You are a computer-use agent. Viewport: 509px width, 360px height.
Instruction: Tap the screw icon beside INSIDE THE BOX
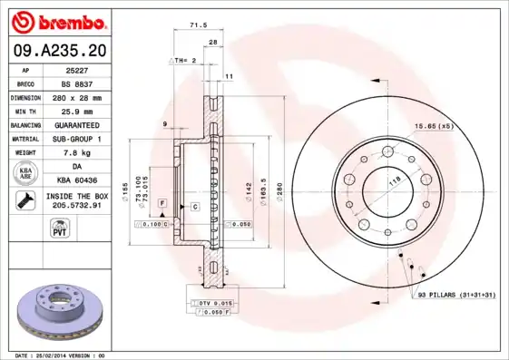(x=26, y=201)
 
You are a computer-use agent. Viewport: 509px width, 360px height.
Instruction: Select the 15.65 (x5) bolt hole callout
(x=434, y=125)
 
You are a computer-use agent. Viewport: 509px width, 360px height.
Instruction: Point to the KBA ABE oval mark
(x=26, y=173)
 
